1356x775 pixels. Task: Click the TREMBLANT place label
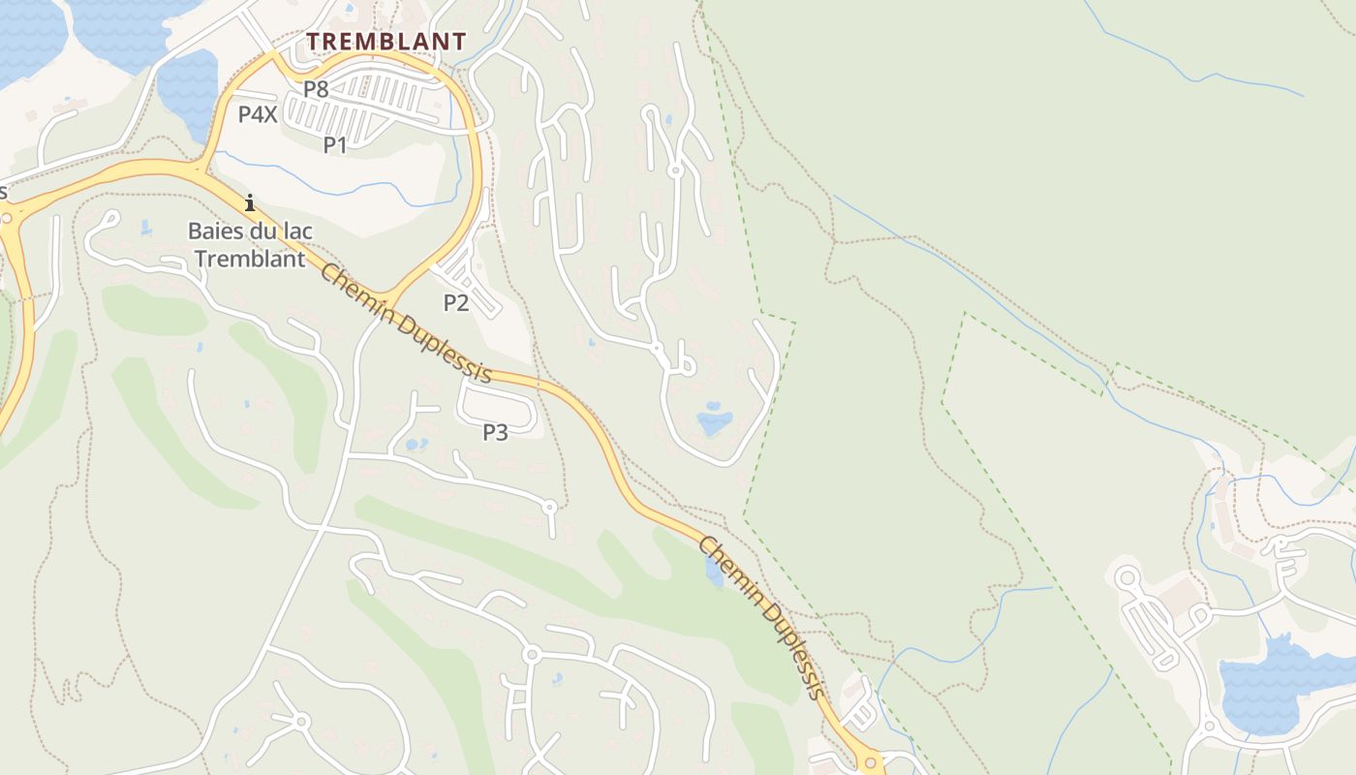pyautogui.click(x=386, y=42)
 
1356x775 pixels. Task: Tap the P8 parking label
pyautogui.click(x=317, y=89)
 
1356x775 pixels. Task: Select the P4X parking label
pyautogui.click(x=258, y=114)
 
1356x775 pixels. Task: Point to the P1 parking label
pyautogui.click(x=335, y=145)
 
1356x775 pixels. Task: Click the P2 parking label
pyautogui.click(x=456, y=303)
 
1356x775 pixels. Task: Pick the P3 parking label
pyautogui.click(x=495, y=432)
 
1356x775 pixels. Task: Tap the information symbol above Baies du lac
pyautogui.click(x=250, y=202)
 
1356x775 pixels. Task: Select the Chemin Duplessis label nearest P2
pyautogui.click(x=406, y=325)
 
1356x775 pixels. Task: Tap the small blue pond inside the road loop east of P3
pyautogui.click(x=715, y=420)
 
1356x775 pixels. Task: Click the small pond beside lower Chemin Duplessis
pyautogui.click(x=714, y=572)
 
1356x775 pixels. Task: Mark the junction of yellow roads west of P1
pyautogui.click(x=200, y=170)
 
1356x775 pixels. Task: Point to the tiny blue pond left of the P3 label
pyautogui.click(x=414, y=445)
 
